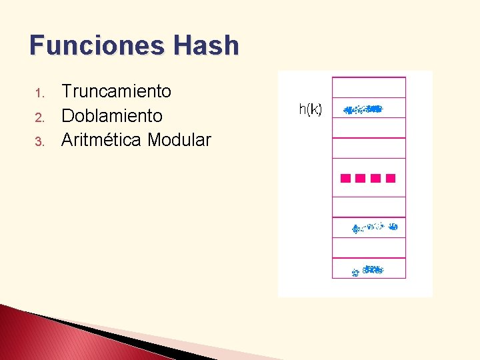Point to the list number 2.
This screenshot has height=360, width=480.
click(x=39, y=117)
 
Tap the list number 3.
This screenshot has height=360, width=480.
click(x=39, y=141)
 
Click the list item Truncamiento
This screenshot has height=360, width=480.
click(x=116, y=91)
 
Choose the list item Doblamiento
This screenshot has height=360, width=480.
click(x=111, y=116)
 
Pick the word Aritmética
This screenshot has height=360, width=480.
click(x=101, y=140)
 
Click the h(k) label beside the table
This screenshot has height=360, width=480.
click(x=310, y=109)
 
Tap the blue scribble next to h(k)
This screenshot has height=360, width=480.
click(x=363, y=109)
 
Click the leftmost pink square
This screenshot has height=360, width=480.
click(x=345, y=178)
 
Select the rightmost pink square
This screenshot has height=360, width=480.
click(x=391, y=178)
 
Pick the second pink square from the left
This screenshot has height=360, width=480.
click(x=361, y=178)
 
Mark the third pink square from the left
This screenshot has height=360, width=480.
click(x=376, y=178)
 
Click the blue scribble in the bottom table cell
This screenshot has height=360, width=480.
click(x=367, y=270)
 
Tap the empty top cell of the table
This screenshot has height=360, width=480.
click(x=369, y=87)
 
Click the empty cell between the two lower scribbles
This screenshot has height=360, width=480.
click(x=369, y=248)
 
